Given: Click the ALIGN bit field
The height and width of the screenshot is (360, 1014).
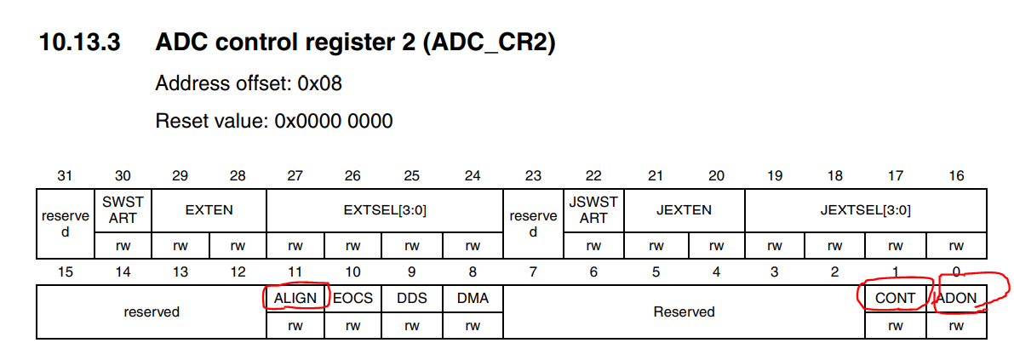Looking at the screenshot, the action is coord(295,298).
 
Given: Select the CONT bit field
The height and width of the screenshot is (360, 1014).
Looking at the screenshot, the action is coord(895,298).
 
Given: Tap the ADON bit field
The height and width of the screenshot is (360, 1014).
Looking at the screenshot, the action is coord(956,298).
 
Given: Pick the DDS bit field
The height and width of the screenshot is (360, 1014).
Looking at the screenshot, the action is coord(412,298).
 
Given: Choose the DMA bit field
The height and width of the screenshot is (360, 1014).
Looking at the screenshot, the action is coord(472,298).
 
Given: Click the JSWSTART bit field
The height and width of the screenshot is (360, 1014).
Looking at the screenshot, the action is coord(593,210).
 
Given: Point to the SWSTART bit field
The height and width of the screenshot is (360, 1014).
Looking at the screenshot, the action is coord(123,210).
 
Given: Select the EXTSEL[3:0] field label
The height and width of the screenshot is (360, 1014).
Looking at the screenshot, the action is coord(383,210).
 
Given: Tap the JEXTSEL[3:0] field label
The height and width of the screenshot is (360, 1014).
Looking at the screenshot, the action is coord(866,210).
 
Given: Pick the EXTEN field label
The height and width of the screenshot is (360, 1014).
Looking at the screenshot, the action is coord(209,210).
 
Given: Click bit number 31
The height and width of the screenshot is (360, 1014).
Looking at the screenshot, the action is coord(65,176).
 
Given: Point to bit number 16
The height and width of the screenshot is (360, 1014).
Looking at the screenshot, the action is coord(956,176).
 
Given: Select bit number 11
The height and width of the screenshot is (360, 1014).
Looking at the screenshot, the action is coord(295,272).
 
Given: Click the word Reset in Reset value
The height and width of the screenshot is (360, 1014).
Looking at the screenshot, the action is coord(180,121).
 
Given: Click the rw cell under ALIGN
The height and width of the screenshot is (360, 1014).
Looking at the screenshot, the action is coord(295,325).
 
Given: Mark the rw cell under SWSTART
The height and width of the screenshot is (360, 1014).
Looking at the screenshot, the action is coord(123,246).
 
